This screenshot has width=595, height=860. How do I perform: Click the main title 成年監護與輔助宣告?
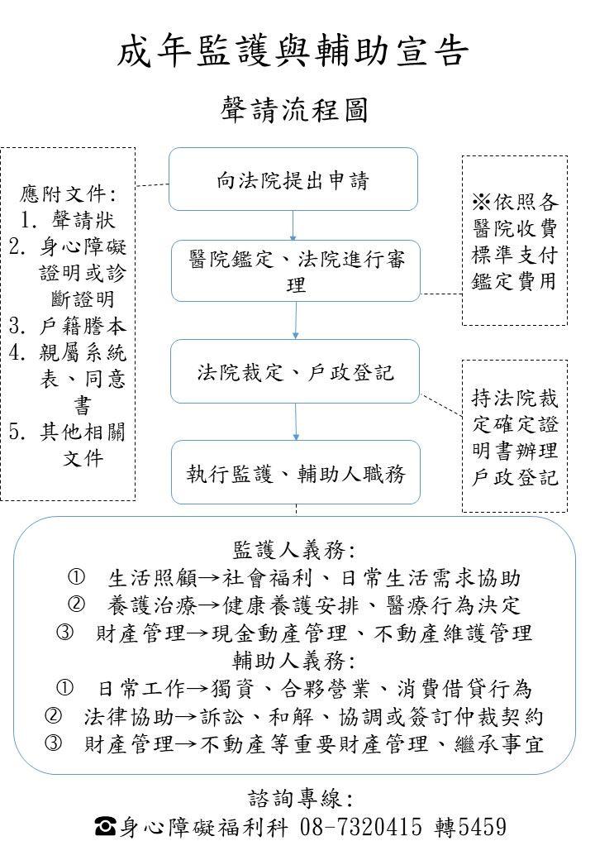coord(293,51)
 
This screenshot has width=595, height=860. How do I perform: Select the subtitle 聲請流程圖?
coord(294,110)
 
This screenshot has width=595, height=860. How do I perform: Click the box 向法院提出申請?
coord(293,179)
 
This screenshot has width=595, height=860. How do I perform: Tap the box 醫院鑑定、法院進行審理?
coord(295,271)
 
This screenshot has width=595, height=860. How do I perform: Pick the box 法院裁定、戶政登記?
coord(295,371)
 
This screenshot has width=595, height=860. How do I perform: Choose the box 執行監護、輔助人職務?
coord(295,472)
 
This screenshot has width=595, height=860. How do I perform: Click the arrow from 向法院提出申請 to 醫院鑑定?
coord(293,226)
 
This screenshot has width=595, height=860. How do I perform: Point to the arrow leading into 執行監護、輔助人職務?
coord(296,422)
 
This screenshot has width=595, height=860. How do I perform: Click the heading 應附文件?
coord(68,193)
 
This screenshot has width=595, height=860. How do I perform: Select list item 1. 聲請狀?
coord(68,221)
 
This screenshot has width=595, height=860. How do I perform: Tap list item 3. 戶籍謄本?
coord(68,327)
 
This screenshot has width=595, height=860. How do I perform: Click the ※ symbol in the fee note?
coord(480,202)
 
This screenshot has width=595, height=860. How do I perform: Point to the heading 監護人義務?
coord(294,550)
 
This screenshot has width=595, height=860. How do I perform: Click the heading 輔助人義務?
coord(294,661)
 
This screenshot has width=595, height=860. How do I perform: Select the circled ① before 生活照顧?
coord(76,576)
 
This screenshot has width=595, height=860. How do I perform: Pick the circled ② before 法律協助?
coord(53,715)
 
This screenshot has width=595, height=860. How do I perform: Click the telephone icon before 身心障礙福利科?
coord(105,827)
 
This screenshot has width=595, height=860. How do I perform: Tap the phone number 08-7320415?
coord(361,827)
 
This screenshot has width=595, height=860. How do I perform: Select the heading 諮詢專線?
coord(300,799)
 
